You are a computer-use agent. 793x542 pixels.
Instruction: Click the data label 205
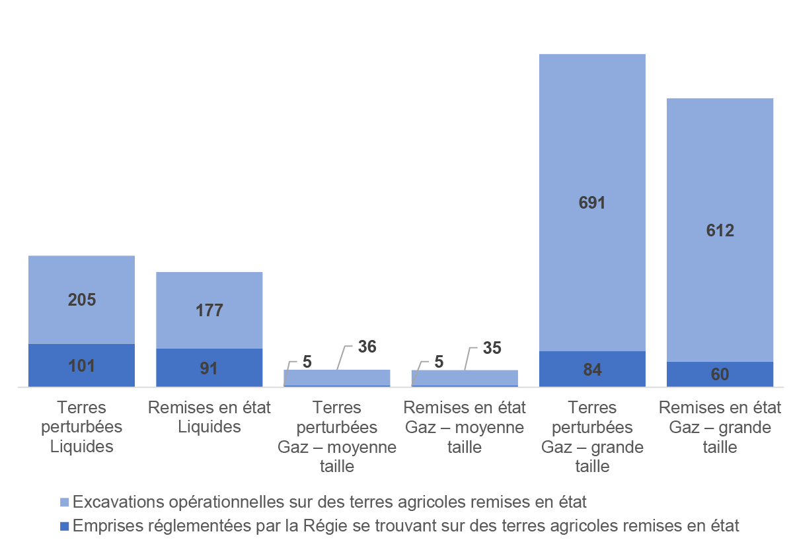pyautogui.click(x=82, y=300)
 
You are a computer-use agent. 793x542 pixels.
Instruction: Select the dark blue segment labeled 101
pyautogui.click(x=82, y=365)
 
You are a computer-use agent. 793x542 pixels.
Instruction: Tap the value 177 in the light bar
pyautogui.click(x=209, y=310)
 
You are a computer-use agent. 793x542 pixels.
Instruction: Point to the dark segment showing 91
pyautogui.click(x=209, y=368)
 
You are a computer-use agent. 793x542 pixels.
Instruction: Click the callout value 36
pyautogui.click(x=367, y=347)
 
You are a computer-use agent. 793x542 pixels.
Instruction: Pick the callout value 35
pyautogui.click(x=492, y=348)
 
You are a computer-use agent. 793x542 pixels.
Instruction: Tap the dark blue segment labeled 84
pyautogui.click(x=592, y=369)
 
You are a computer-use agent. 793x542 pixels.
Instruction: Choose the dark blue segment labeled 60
pyautogui.click(x=720, y=374)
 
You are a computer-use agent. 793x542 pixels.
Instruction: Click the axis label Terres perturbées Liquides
pyautogui.click(x=82, y=426)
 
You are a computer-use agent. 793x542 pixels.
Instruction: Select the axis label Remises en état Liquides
pyautogui.click(x=209, y=417)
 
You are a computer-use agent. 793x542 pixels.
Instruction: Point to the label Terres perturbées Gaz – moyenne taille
pyautogui.click(x=337, y=436)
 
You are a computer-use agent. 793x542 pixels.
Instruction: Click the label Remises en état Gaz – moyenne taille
pyautogui.click(x=465, y=427)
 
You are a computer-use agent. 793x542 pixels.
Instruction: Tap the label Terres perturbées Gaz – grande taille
pyautogui.click(x=592, y=436)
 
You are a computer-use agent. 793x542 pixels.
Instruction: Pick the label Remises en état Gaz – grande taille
pyautogui.click(x=720, y=427)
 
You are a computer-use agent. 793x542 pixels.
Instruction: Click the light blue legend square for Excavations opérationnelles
pyautogui.click(x=64, y=502)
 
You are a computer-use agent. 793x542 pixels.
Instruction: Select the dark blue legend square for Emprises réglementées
pyautogui.click(x=64, y=526)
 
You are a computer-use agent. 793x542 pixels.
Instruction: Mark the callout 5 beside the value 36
pyautogui.click(x=307, y=361)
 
